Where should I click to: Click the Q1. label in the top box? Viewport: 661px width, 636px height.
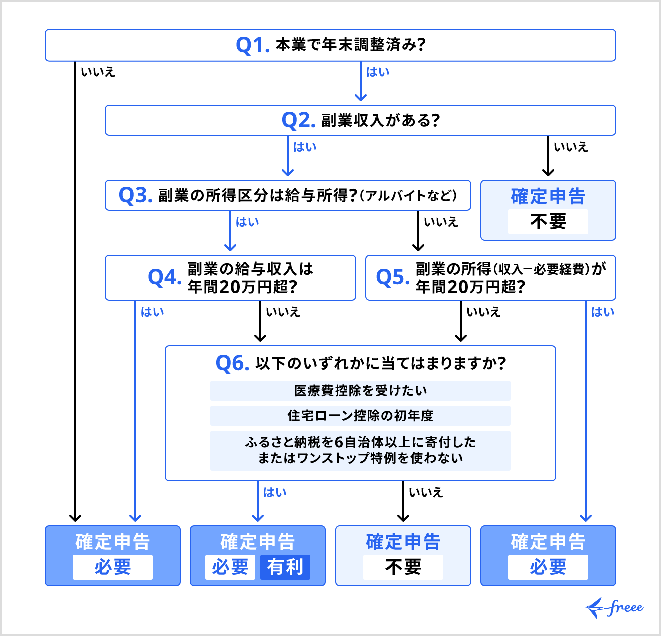pos(253,45)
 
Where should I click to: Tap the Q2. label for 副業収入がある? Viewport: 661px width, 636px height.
pos(298,120)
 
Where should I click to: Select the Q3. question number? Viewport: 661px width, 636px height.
pos(135,195)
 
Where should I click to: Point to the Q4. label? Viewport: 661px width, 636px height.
pos(164,277)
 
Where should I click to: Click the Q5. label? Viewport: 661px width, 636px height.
pos(392,277)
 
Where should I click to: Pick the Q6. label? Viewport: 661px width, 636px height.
pos(232,363)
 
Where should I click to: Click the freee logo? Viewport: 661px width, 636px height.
pos(615,608)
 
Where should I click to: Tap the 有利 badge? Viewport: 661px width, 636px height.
pos(285,567)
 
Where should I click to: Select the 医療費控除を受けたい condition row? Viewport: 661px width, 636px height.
pos(360,391)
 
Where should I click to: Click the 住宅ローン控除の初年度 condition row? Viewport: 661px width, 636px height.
pos(360,416)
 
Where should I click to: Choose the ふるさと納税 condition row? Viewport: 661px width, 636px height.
pos(360,450)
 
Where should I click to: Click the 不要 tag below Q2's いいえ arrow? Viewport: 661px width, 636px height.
pos(548,222)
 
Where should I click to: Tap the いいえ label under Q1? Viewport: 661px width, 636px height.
pos(98,72)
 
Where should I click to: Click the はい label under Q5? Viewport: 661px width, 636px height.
pos(603,312)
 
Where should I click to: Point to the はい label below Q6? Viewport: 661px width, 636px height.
pos(275,493)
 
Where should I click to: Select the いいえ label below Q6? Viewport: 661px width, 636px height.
pos(426,493)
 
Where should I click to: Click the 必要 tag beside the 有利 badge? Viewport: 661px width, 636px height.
pos(230,567)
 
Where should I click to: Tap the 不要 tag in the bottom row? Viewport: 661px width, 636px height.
pos(403,567)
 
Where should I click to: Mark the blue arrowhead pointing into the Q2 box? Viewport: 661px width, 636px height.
pos(361,97)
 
